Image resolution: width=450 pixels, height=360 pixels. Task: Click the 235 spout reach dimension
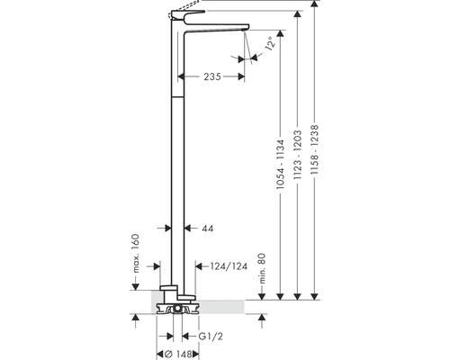(x=212, y=76)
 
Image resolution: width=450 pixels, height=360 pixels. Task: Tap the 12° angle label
(x=270, y=44)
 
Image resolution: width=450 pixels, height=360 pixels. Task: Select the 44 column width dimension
(x=208, y=229)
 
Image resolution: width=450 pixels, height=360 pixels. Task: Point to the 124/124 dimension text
(x=229, y=266)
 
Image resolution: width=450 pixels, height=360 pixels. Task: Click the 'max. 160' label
(x=136, y=253)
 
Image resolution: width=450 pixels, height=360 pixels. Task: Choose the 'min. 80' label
(x=262, y=268)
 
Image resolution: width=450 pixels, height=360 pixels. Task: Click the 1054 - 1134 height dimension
(x=280, y=164)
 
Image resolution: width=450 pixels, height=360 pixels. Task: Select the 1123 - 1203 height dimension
(x=297, y=155)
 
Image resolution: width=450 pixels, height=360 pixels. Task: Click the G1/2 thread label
(x=211, y=337)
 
